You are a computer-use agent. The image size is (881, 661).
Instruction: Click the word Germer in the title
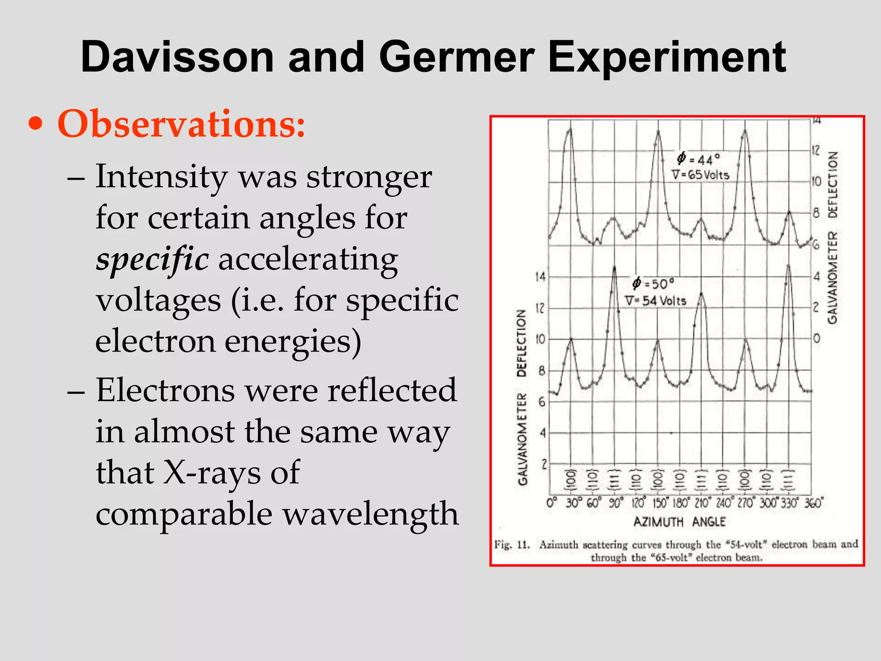point(456,57)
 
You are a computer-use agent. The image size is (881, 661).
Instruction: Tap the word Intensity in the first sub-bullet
point(162,176)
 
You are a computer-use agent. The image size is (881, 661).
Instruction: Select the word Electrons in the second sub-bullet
point(166,390)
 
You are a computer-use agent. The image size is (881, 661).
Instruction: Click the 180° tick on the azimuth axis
point(680,503)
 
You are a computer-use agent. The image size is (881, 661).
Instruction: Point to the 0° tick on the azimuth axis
point(552,503)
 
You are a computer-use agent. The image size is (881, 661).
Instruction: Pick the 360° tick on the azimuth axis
point(813,503)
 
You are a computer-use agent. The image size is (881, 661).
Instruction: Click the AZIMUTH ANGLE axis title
point(680,522)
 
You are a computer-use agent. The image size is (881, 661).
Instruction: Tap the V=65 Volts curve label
point(700,175)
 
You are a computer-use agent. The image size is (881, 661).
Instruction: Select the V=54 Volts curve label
point(656,301)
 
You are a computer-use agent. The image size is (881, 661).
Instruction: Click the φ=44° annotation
point(698,159)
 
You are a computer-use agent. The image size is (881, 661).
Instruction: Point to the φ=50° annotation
point(653,284)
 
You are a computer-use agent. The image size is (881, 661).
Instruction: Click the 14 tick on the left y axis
point(540,277)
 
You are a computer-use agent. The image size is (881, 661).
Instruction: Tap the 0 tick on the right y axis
point(816,339)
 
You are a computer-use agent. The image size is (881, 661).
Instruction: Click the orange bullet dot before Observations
point(36,124)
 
